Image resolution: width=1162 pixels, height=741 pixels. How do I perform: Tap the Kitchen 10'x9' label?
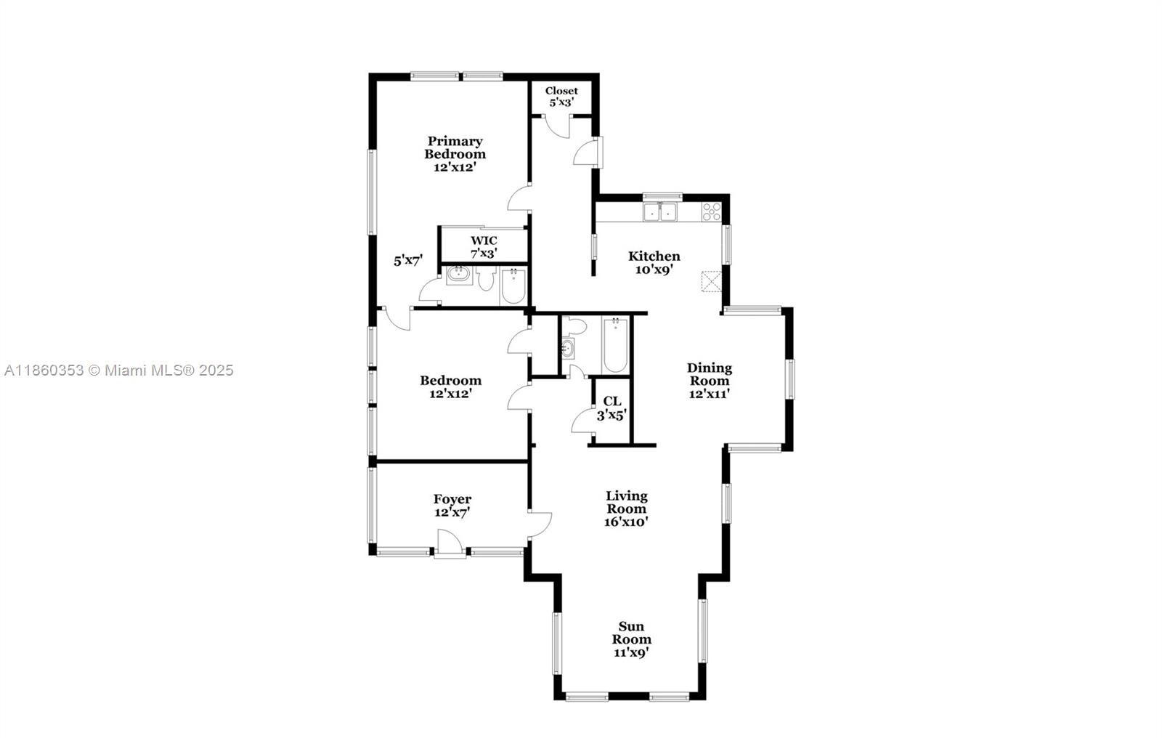pos(654,262)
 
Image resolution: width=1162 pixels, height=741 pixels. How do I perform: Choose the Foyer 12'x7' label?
pos(452,506)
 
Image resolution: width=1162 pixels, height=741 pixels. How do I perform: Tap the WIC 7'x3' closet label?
pos(484,247)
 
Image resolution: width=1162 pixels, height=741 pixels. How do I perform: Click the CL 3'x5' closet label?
pos(612,408)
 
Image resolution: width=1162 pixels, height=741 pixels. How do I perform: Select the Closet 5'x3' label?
pos(561,97)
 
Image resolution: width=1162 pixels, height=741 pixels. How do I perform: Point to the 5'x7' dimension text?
pos(407,261)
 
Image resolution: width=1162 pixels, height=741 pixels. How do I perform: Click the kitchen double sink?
pos(660,211)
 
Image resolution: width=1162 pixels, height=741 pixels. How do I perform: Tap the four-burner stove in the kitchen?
pos(711,211)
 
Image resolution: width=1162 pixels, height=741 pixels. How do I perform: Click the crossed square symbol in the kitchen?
pos(711,280)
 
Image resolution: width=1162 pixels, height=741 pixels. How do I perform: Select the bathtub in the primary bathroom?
pos(513,287)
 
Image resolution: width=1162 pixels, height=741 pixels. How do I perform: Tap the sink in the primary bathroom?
pos(458,275)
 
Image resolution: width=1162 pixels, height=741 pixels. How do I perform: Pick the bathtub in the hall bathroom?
pos(615,346)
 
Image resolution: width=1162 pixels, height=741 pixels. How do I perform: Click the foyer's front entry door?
pos(450,543)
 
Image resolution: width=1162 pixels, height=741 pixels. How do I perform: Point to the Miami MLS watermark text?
pos(119,370)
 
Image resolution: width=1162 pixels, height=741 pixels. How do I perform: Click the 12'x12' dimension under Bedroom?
pos(450,394)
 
